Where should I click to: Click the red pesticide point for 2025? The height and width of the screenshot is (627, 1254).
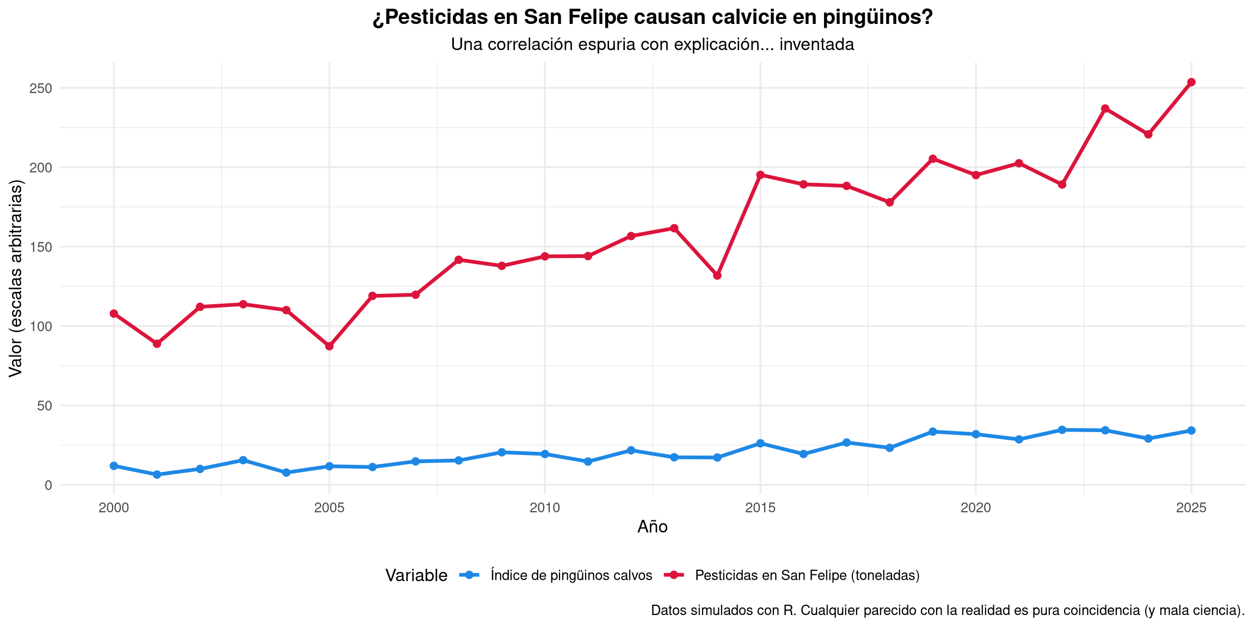(x=1191, y=82)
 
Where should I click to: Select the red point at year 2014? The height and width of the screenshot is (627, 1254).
(x=717, y=275)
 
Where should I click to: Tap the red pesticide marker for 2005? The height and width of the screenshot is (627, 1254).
(x=329, y=346)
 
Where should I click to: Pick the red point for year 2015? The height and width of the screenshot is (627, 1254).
(x=760, y=175)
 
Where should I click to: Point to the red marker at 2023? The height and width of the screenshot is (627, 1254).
(x=1105, y=109)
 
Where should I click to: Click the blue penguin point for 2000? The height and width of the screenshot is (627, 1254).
(x=114, y=466)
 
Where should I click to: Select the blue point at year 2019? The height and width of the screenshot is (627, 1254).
(x=932, y=432)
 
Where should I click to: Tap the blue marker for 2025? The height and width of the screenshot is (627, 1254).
(x=1191, y=431)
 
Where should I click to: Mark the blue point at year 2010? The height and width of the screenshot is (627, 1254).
(x=545, y=454)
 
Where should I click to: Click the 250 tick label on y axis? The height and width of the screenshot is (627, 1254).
(x=41, y=88)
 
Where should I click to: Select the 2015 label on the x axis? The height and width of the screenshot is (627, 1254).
(x=760, y=508)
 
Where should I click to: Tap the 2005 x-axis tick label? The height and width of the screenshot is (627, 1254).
(x=329, y=508)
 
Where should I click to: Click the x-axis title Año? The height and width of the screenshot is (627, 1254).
(x=652, y=527)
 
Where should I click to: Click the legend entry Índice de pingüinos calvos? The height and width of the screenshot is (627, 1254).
(x=571, y=575)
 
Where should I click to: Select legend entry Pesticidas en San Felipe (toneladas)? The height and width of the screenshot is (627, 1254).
(x=807, y=575)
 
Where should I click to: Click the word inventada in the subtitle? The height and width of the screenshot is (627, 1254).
(x=816, y=44)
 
